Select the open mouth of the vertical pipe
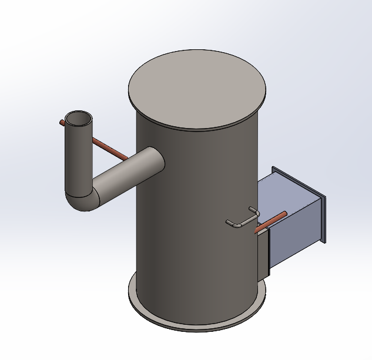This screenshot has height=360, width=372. (x=78, y=119)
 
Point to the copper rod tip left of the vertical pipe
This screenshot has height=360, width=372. (x=62, y=123)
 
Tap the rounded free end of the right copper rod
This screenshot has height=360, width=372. (x=286, y=214)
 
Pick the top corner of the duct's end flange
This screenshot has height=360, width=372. (x=274, y=169)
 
